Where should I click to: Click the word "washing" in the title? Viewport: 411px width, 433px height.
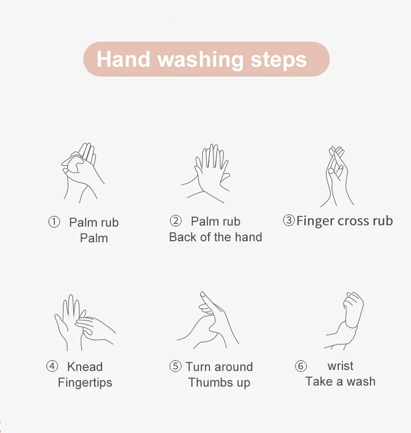tap(200, 60)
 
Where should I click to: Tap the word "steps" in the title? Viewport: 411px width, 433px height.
tap(278, 60)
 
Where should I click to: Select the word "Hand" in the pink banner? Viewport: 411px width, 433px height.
tap(123, 59)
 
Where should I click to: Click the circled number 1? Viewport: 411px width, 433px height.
tap(54, 222)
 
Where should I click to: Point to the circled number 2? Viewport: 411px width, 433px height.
tap(176, 221)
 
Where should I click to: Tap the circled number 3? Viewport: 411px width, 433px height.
tap(289, 220)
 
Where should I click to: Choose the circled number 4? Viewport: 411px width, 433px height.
tap(52, 366)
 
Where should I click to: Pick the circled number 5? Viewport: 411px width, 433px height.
tap(175, 366)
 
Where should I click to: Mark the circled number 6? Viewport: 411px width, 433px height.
tap(301, 366)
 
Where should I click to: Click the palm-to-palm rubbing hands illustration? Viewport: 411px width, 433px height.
tap(83, 173)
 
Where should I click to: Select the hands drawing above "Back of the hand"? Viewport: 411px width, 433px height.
tap(205, 174)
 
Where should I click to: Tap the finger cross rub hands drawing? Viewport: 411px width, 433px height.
tap(337, 176)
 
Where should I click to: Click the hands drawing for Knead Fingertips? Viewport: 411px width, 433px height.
tap(85, 323)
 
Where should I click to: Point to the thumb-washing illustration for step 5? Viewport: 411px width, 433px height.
tap(208, 320)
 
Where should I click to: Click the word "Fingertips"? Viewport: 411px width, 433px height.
tap(85, 383)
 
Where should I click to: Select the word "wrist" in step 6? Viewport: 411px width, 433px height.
tap(340, 366)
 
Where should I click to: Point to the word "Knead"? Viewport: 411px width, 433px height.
tap(85, 367)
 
